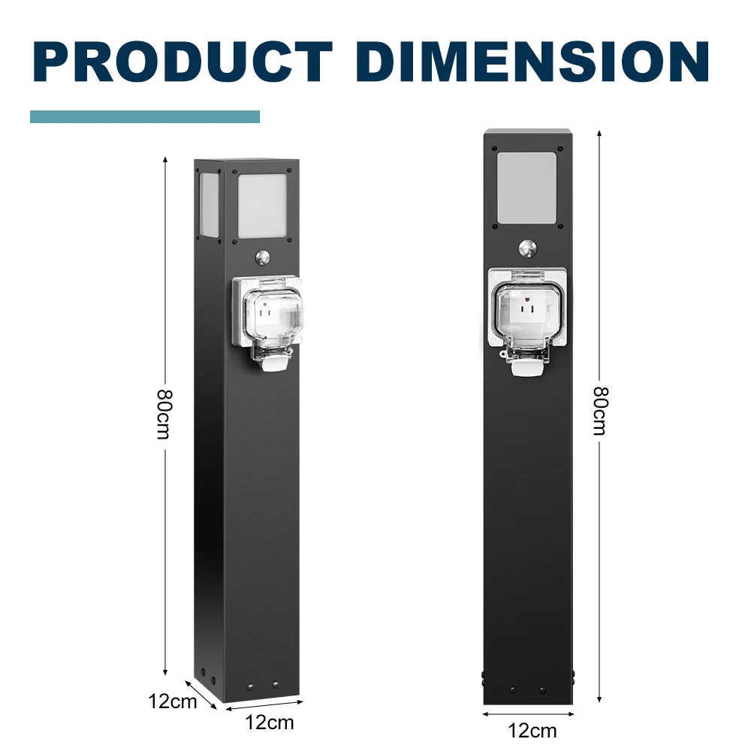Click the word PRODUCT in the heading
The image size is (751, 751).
pyautogui.click(x=183, y=62)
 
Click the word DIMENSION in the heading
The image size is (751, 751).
pyautogui.click(x=532, y=62)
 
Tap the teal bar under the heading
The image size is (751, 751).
pyautogui.click(x=145, y=117)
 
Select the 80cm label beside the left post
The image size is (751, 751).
pyautogui.click(x=164, y=415)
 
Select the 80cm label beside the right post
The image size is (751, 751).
pyautogui.click(x=600, y=411)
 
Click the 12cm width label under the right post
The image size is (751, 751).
pyautogui.click(x=532, y=731)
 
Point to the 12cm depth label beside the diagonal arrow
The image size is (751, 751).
pyautogui.click(x=173, y=701)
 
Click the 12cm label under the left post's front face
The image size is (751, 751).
pyautogui.click(x=269, y=722)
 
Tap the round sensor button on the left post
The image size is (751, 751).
pyautogui.click(x=262, y=258)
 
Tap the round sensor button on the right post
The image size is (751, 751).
pyautogui.click(x=527, y=248)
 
